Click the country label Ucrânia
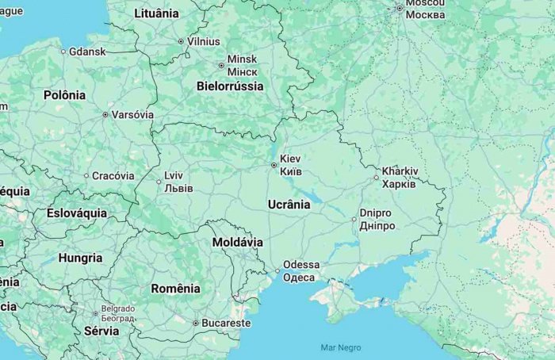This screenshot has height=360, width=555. tap(289, 205)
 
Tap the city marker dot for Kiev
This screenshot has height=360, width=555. tap(274, 165)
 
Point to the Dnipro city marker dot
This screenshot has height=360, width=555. tap(354, 219)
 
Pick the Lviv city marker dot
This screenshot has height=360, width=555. tap(159, 182)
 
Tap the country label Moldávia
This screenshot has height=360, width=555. tap(237, 241)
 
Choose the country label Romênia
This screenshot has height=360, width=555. tap(175, 289)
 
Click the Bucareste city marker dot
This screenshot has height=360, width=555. tap(196, 323)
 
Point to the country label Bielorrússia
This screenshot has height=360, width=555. tap(230, 86)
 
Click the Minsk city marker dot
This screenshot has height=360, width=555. tap(221, 65)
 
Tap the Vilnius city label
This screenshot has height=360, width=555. tap(204, 41)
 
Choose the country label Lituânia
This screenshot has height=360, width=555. tap(156, 13)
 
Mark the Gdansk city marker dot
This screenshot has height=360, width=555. tap(63, 52)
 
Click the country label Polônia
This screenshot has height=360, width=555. tap(64, 95)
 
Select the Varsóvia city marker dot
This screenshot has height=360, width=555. tap(105, 114)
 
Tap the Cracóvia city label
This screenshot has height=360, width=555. tap(113, 176)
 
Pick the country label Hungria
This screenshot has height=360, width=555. tap(80, 258)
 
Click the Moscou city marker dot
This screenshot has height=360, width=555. tap(400, 9)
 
